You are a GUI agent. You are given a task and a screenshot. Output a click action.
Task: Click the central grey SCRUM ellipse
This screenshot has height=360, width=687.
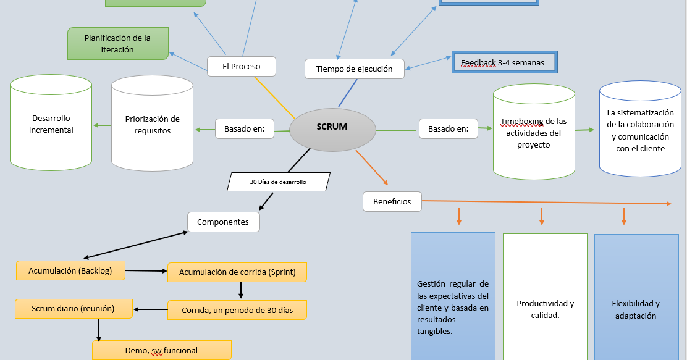click(332, 128)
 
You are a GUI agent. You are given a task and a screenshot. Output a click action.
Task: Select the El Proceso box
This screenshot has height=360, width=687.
click(241, 66)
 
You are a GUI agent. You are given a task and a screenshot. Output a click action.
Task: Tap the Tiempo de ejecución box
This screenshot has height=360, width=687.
click(354, 69)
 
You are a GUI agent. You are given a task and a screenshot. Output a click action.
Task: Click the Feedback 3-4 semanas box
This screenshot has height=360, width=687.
click(504, 62)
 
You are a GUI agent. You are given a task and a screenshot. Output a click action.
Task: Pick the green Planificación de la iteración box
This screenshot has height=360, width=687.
click(117, 43)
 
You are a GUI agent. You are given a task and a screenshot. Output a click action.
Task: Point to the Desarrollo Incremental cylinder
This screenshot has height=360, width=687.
click(51, 123)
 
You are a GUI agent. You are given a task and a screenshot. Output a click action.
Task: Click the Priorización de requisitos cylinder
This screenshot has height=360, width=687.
click(152, 125)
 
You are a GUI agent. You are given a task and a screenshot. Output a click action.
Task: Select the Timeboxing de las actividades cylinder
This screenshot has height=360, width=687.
click(534, 133)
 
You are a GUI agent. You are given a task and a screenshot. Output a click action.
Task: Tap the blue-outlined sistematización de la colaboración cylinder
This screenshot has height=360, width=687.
click(640, 130)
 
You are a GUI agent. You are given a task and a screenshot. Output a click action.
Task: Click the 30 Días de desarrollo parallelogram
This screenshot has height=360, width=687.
click(279, 182)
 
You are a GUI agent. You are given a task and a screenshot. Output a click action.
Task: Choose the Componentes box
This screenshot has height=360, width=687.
click(223, 222)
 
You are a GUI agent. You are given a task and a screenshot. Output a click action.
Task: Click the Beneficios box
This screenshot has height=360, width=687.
click(392, 201)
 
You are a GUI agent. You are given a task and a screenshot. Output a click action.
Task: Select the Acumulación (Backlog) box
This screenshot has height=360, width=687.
click(71, 270)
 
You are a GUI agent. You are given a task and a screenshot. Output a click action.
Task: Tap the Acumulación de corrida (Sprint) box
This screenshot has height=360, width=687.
click(237, 272)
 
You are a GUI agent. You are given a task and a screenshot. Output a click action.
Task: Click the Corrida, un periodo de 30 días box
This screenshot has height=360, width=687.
click(237, 310)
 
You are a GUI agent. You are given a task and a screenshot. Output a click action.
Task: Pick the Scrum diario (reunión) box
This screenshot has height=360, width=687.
click(74, 309)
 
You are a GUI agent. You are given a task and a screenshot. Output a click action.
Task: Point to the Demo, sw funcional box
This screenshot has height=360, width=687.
click(161, 350)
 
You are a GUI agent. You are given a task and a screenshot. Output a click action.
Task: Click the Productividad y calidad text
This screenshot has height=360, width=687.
click(545, 309)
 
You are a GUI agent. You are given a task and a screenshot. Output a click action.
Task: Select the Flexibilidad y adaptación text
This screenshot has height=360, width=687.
click(636, 309)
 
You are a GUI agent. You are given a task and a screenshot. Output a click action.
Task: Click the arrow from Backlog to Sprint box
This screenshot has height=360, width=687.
click(146, 270)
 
